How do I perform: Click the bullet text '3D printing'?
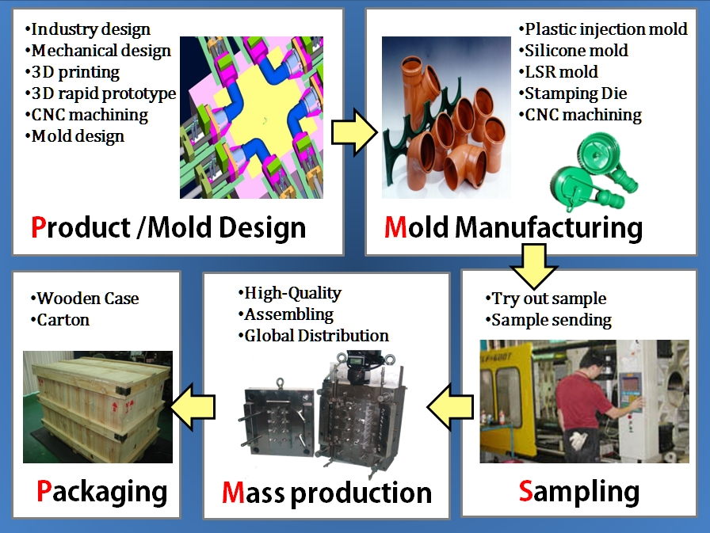coord(75,72)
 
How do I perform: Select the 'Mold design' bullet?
coord(78,136)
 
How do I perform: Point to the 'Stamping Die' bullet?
coord(576,93)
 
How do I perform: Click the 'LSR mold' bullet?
coord(561,72)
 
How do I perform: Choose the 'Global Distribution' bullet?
coord(316,336)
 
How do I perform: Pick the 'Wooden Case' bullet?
coord(87,299)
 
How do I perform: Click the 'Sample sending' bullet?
coord(552,321)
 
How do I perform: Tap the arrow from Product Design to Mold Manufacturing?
coord(353,131)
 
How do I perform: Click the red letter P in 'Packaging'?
coord(45,491)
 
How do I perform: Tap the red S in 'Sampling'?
coord(526,491)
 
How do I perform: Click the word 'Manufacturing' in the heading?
coord(548,228)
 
